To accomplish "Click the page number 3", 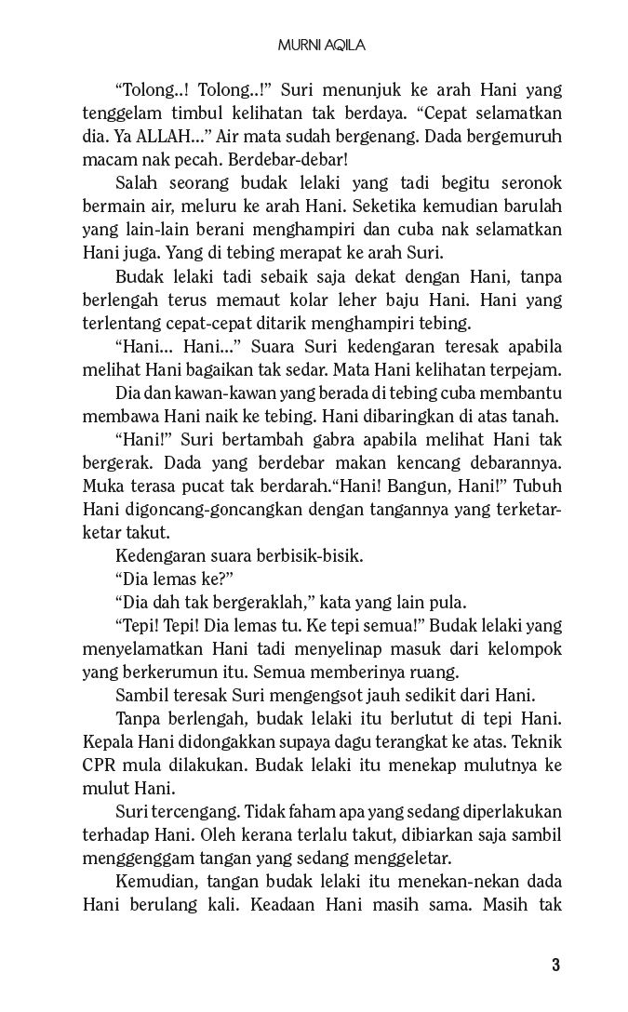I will pos(555,965).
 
